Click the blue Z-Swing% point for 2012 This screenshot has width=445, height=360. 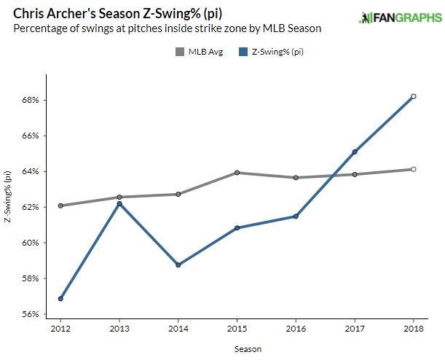tap(60, 299)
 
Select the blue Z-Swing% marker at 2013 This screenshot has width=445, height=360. tap(119, 203)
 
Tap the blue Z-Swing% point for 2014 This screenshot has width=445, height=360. tap(178, 265)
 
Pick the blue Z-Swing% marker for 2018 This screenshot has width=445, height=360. tap(414, 96)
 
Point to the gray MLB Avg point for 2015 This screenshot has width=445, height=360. tap(237, 173)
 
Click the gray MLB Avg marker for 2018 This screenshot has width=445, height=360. tap(414, 169)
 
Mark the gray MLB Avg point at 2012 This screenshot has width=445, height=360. tap(60, 206)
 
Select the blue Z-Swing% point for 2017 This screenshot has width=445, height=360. tap(355, 152)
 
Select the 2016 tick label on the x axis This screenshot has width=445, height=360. tap(296, 330)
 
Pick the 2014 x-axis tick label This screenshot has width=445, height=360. tap(178, 330)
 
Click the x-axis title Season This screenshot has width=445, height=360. tap(237, 349)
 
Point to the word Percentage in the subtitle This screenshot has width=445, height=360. tap(38, 28)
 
